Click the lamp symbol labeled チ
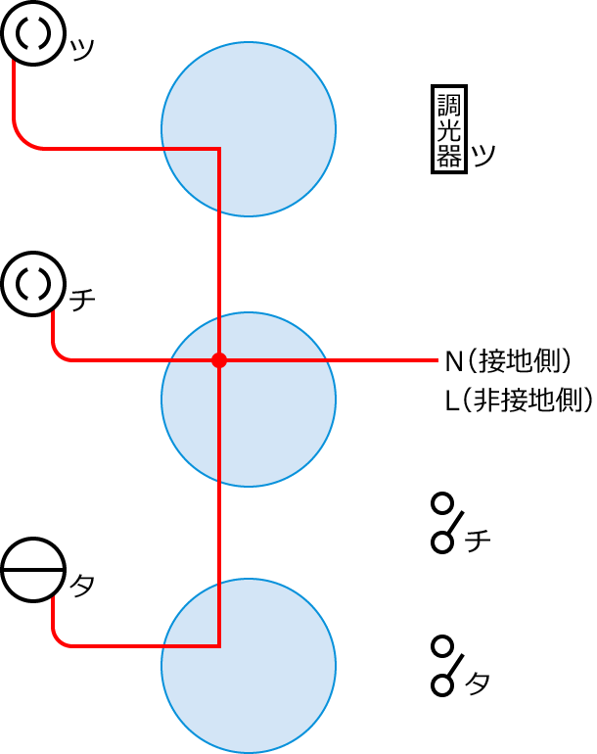(x=33, y=285)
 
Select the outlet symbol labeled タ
(x=33, y=570)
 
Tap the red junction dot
(x=219, y=360)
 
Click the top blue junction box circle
(x=249, y=128)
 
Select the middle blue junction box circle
(x=249, y=400)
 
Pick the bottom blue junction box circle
(x=249, y=666)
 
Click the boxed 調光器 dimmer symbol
(x=448, y=130)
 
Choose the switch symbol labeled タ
(x=445, y=666)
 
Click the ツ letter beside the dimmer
(x=482, y=156)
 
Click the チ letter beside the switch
(x=479, y=540)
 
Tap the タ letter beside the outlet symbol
(x=83, y=586)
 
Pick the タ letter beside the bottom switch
(x=479, y=683)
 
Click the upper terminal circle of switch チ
(x=442, y=504)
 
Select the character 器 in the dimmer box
(x=448, y=156)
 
